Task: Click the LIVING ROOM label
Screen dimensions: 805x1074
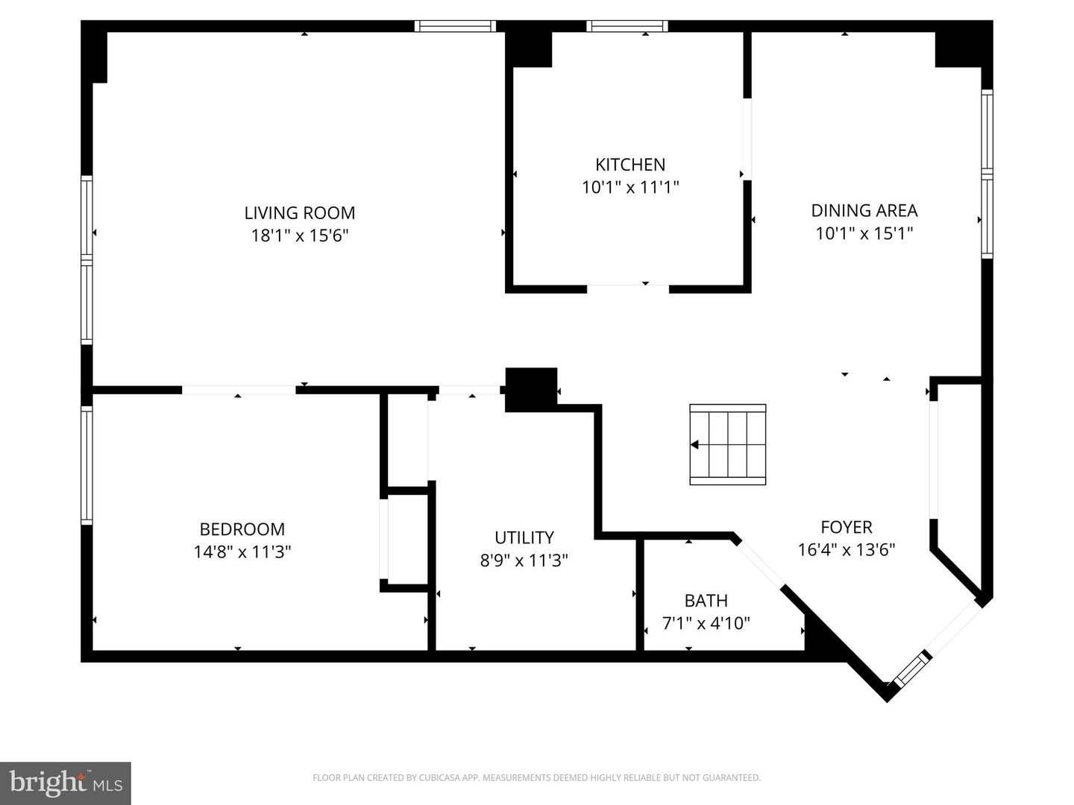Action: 300,213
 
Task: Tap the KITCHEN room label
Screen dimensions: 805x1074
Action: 630,165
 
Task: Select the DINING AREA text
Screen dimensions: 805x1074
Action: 864,211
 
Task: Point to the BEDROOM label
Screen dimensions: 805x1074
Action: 242,529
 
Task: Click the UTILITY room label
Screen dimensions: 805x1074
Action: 524,537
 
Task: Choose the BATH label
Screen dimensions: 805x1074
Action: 706,601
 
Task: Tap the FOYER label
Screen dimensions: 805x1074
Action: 846,528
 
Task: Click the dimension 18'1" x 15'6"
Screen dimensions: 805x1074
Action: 300,236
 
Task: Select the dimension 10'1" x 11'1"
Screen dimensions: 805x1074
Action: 630,187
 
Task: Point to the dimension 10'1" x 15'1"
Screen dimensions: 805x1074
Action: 864,233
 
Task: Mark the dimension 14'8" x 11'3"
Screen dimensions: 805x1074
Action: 242,552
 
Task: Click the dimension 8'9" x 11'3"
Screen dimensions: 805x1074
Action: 524,561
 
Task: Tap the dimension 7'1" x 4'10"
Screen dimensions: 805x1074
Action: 706,623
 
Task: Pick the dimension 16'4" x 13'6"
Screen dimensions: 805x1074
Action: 846,550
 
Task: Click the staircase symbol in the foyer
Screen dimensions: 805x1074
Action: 727,445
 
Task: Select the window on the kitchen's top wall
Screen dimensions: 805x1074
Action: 626,26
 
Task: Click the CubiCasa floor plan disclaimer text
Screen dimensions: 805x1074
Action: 536,778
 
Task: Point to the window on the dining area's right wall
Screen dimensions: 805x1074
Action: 987,174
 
